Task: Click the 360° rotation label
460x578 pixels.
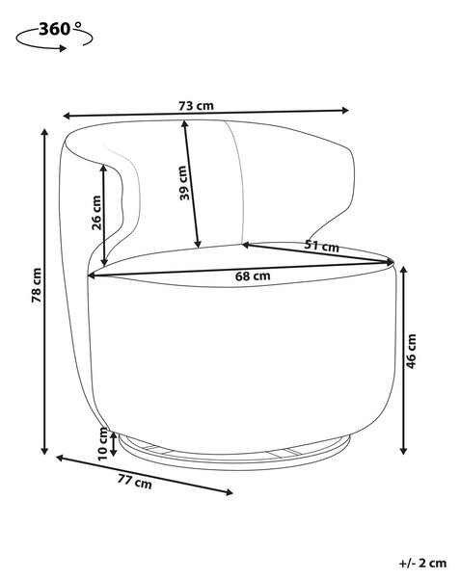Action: point(60,29)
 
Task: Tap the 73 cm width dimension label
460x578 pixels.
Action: point(196,106)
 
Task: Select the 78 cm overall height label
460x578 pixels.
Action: point(37,285)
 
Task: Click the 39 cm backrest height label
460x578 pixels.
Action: point(184,183)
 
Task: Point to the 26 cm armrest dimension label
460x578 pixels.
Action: point(96,212)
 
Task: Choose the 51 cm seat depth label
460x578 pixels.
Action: point(322,245)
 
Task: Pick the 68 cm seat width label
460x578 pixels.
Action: point(253,276)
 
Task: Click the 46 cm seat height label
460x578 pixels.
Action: point(411,352)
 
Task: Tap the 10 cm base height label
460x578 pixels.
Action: point(103,443)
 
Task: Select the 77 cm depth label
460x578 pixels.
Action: point(135,482)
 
